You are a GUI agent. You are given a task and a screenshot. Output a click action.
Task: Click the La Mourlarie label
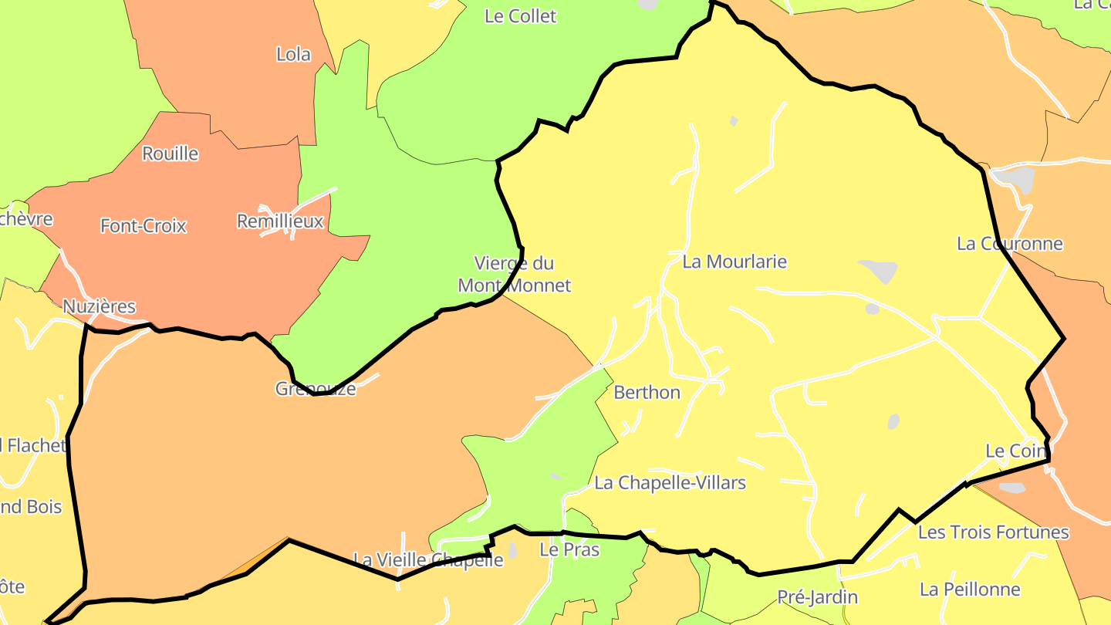[734, 262]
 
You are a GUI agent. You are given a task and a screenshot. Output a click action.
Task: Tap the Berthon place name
[647, 393]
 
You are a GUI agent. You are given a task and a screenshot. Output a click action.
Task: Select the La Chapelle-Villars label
[670, 483]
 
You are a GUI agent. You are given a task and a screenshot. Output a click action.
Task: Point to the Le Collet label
[520, 16]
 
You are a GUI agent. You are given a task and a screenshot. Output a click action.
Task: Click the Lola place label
[293, 54]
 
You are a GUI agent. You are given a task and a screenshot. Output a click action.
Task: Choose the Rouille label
[171, 154]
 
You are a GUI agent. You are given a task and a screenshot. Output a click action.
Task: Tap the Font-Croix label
[144, 226]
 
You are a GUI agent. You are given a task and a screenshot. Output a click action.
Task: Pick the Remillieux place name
[280, 221]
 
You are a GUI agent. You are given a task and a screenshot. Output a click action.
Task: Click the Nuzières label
[99, 306]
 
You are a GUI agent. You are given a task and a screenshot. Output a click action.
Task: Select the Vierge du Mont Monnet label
[514, 274]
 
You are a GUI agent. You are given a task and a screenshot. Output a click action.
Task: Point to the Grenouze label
[316, 388]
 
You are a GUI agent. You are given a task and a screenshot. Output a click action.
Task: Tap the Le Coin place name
[1015, 451]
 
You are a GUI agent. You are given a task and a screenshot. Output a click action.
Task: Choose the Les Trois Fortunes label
[993, 532]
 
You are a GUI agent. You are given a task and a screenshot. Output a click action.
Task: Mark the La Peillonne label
[970, 590]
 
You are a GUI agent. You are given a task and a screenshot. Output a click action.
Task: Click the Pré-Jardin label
[817, 596]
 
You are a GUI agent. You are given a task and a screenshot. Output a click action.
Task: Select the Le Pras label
[569, 550]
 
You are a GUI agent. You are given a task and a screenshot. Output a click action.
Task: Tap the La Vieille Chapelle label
[428, 559]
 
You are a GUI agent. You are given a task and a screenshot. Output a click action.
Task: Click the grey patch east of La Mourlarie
[879, 270]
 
